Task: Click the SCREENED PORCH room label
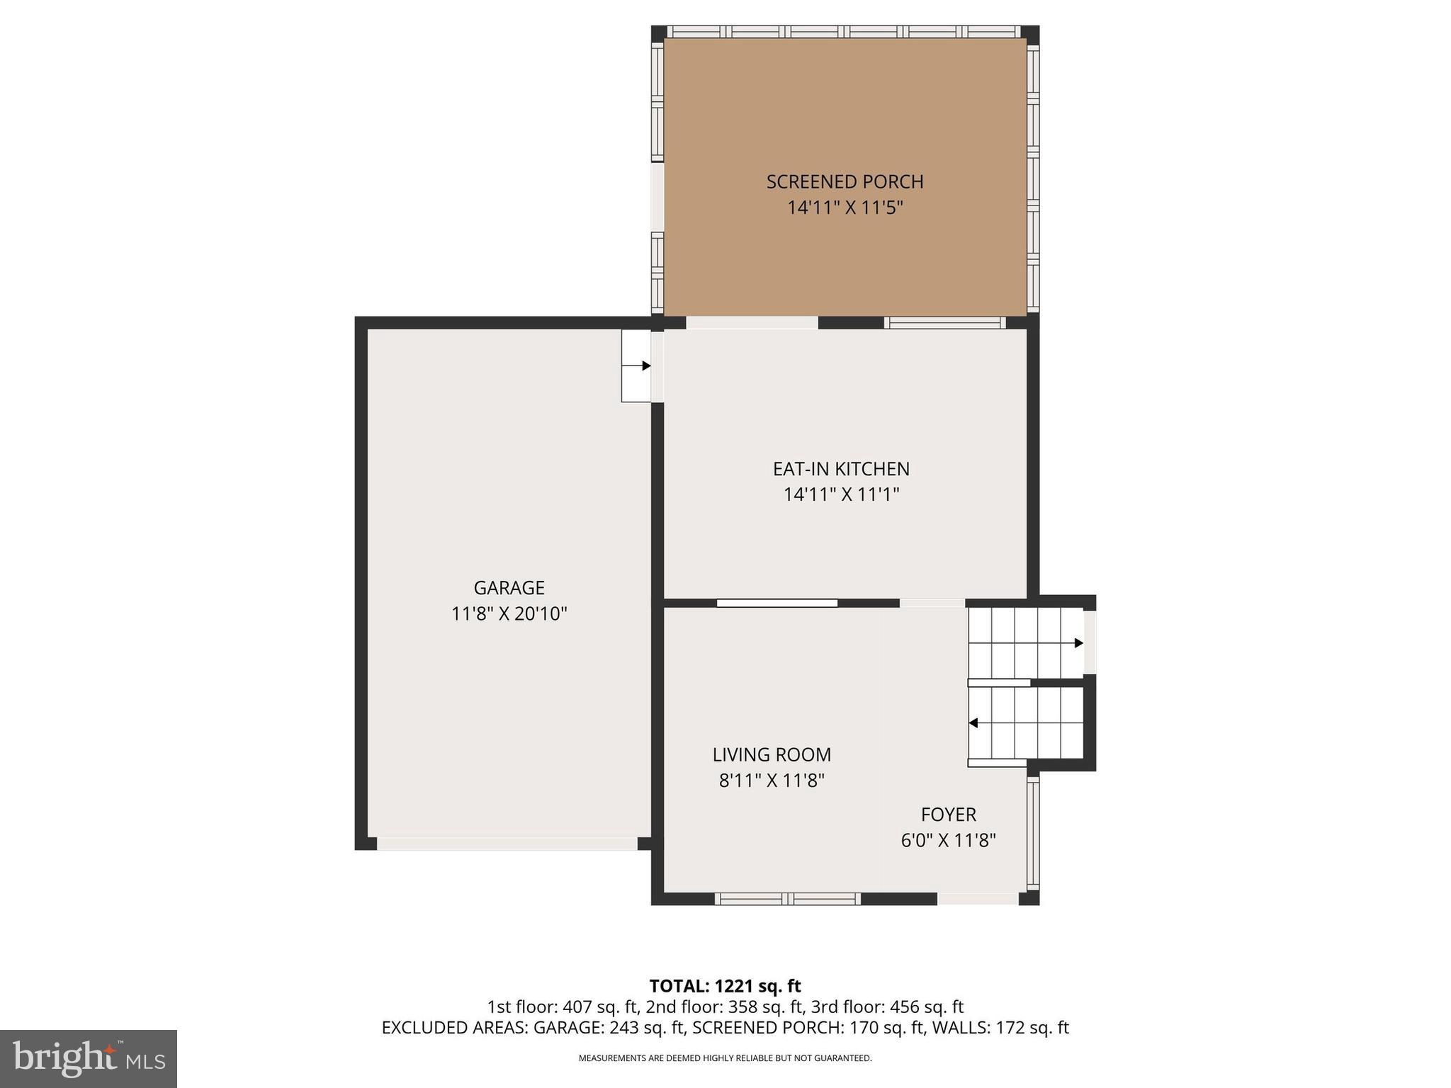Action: coord(845,182)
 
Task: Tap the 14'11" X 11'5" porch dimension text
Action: coord(845,208)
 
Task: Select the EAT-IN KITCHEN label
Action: coord(841,469)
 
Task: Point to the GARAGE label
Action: coord(509,588)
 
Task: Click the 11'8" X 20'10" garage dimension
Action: coord(509,613)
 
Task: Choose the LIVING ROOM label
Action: coord(772,755)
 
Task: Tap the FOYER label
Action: coord(948,815)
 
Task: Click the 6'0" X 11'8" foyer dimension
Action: coord(948,841)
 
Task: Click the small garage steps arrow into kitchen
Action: coord(645,366)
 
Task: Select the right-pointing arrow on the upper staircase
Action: coord(1078,643)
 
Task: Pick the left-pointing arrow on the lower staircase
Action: coord(973,723)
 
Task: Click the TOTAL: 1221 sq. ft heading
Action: coord(725,986)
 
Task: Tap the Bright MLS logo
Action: coord(89,1059)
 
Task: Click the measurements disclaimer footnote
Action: coord(725,1058)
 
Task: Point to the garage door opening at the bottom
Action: coord(507,844)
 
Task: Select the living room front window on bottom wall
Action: coord(787,899)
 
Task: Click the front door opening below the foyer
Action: coord(978,899)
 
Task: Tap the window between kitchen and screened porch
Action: coord(944,323)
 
